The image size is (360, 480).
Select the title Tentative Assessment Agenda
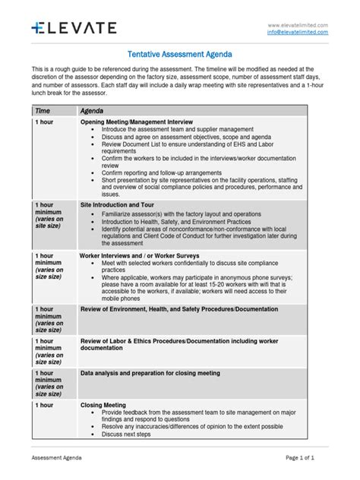pos(179,55)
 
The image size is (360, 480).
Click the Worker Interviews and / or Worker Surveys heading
pos(140,256)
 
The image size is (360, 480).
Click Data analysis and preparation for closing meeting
pos(150,374)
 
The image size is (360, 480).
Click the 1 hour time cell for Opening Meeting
pos(43,122)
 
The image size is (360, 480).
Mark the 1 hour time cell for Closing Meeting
pos(43,406)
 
